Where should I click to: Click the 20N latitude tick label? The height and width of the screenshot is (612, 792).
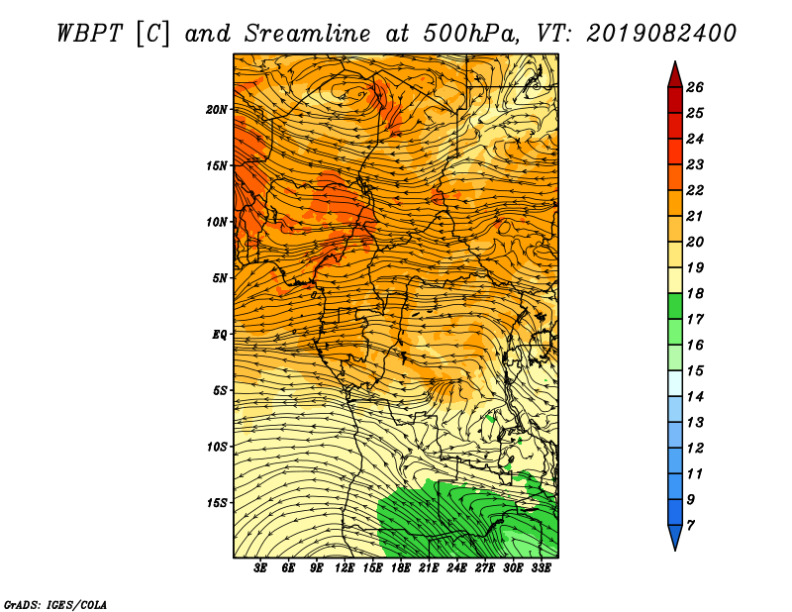(x=217, y=110)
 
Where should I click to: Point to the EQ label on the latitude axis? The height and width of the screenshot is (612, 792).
(x=220, y=335)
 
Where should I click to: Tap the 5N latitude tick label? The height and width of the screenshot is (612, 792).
(x=220, y=278)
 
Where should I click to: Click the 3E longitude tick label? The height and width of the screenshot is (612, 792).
(x=260, y=568)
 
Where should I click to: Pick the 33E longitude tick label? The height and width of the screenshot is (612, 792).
(x=541, y=568)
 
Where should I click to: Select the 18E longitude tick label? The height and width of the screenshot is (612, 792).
(x=401, y=568)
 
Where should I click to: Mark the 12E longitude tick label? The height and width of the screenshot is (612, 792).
(x=345, y=568)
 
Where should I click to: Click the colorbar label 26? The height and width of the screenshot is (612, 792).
(x=695, y=88)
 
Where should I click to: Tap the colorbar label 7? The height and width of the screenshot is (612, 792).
(x=690, y=526)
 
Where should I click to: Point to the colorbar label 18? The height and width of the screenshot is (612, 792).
(x=695, y=294)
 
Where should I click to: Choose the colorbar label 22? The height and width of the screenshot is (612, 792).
(x=695, y=190)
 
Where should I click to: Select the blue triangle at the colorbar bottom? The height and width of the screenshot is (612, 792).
(x=675, y=536)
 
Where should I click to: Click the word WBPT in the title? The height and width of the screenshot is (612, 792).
(x=90, y=34)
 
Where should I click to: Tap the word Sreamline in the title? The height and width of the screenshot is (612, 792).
(x=308, y=34)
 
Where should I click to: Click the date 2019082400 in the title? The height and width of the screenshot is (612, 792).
(x=661, y=34)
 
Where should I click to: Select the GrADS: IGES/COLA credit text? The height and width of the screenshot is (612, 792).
(x=55, y=605)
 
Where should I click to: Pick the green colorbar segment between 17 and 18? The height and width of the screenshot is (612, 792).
(x=675, y=306)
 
